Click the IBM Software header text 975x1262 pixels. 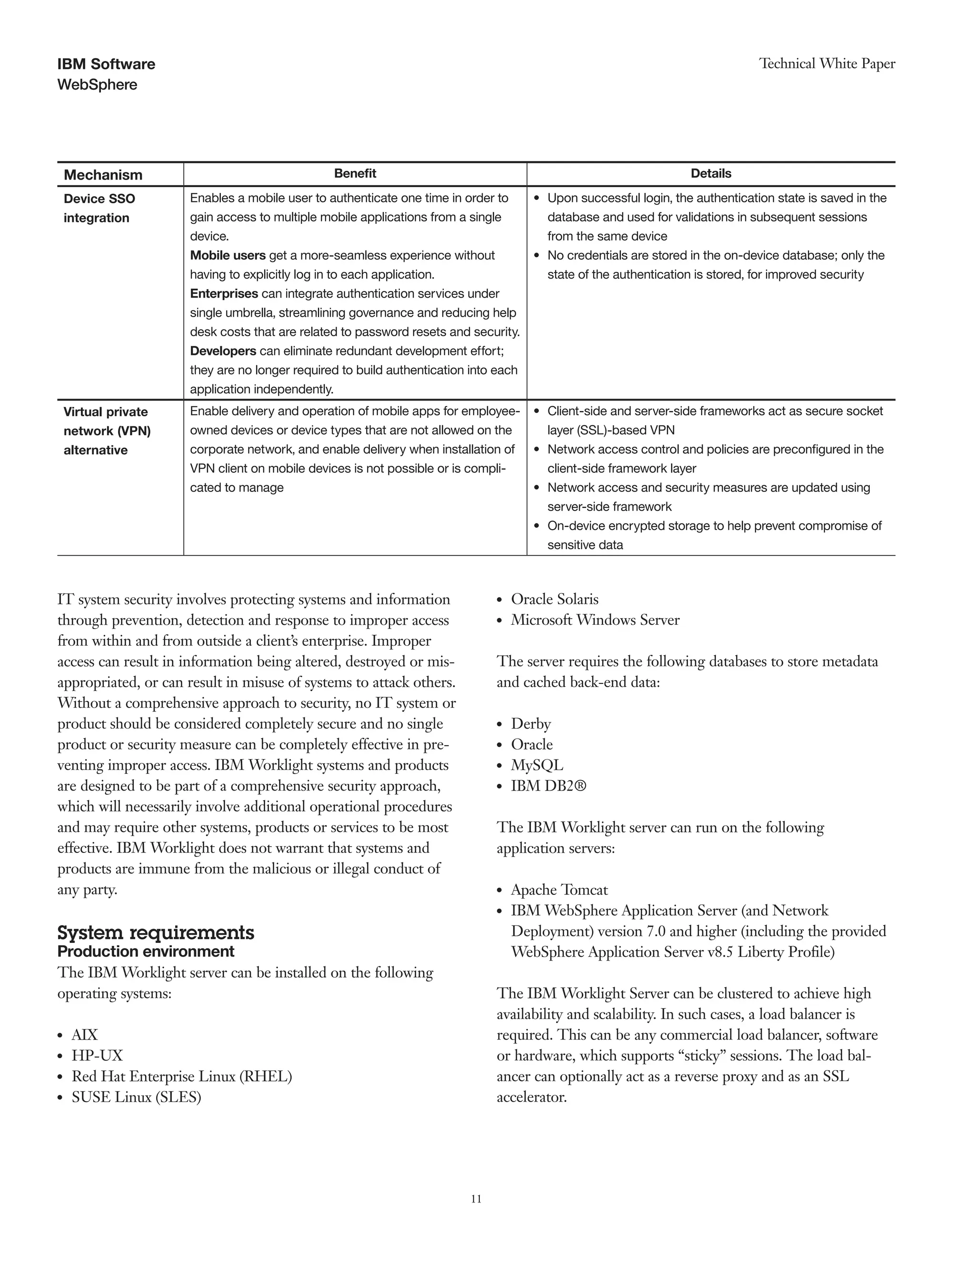pyautogui.click(x=106, y=64)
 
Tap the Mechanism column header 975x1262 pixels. pyautogui.click(x=103, y=175)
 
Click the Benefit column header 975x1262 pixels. pyautogui.click(x=355, y=173)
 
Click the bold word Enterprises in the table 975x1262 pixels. pyautogui.click(x=224, y=293)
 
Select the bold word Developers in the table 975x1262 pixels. pyautogui.click(x=223, y=351)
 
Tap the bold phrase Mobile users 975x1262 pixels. pyautogui.click(x=228, y=255)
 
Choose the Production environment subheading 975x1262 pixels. pyautogui.click(x=146, y=952)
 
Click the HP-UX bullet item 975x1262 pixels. pyautogui.click(x=97, y=1056)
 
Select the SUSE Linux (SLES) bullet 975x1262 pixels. pyautogui.click(x=136, y=1097)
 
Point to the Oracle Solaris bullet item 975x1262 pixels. pyautogui.click(x=555, y=599)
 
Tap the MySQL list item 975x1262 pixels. pyautogui.click(x=537, y=765)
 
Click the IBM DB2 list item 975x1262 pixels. pyautogui.click(x=548, y=786)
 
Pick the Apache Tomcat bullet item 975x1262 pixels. pyautogui.click(x=559, y=890)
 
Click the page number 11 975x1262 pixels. pyautogui.click(x=476, y=1199)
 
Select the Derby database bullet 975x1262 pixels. pyautogui.click(x=531, y=724)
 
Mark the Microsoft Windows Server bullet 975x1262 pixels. pyautogui.click(x=595, y=620)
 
